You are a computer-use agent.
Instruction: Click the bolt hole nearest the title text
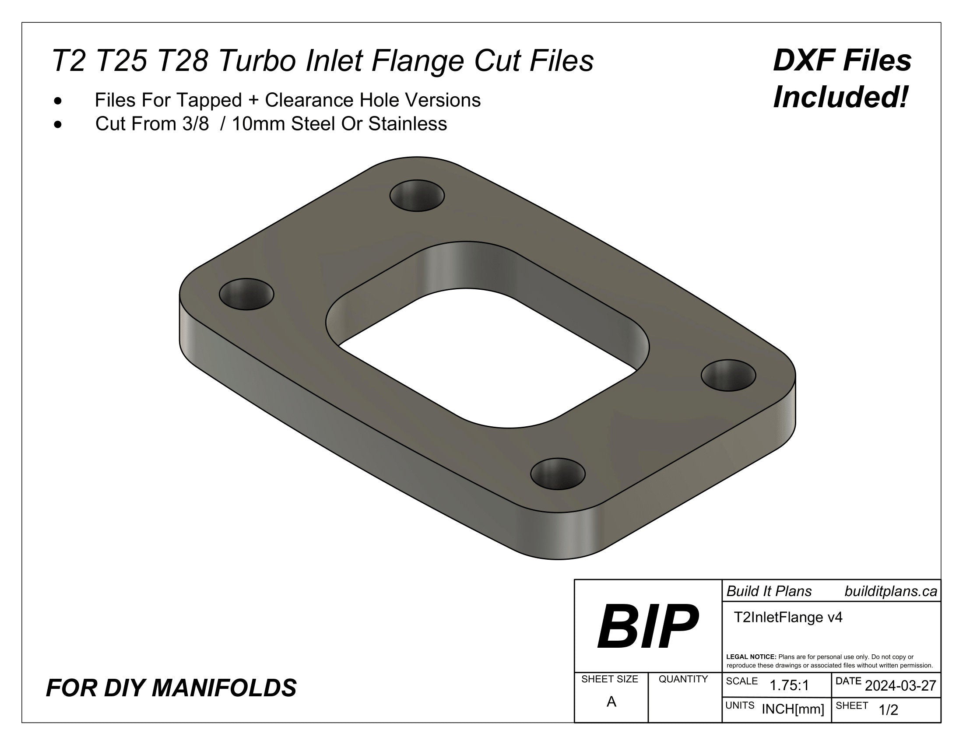tap(417, 195)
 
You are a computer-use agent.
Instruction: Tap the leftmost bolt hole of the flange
tap(246, 294)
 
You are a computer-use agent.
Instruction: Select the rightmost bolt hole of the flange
tap(728, 375)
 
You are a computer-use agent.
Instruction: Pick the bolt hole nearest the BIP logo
tap(558, 474)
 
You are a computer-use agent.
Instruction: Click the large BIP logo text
tap(647, 627)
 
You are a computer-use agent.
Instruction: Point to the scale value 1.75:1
tap(789, 685)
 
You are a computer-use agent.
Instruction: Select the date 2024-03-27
tap(900, 685)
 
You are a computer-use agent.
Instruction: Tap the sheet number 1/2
tap(888, 710)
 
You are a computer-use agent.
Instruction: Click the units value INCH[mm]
tap(793, 709)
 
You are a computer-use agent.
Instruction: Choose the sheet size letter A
tap(611, 702)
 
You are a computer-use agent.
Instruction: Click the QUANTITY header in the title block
tap(683, 679)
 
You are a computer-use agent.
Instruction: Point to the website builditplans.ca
tap(890, 592)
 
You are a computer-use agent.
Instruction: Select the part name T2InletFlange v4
tap(788, 617)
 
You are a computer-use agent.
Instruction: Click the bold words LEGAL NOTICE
tap(751, 657)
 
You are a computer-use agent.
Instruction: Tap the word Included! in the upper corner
tap(841, 98)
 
